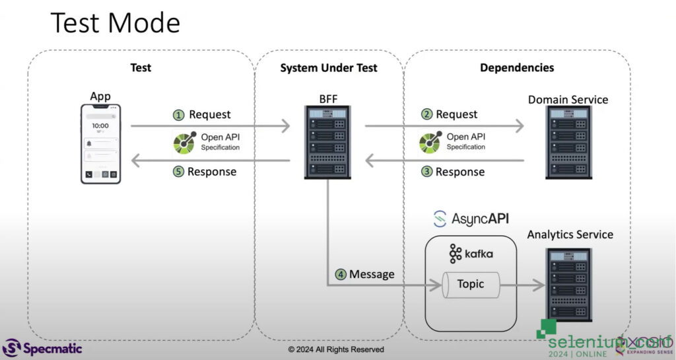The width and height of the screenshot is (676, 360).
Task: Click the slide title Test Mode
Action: pos(116,24)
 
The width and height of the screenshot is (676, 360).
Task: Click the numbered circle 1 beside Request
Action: pos(178,115)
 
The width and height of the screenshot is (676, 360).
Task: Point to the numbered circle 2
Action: pos(426,115)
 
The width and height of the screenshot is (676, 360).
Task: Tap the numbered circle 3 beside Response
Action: pos(426,172)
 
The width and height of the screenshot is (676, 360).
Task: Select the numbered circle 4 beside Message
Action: pos(341,274)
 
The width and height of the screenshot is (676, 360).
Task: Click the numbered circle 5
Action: pos(178,172)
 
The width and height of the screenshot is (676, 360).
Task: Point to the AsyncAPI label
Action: pos(471,219)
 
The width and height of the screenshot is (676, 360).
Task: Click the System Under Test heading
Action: pos(328,68)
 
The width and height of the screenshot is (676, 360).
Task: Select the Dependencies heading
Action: pos(517,68)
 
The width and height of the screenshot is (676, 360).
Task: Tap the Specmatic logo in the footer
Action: pos(43,347)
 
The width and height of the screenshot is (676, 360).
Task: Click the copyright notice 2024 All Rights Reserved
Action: pos(335,349)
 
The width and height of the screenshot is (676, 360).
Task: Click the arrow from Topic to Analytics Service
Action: pos(524,285)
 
